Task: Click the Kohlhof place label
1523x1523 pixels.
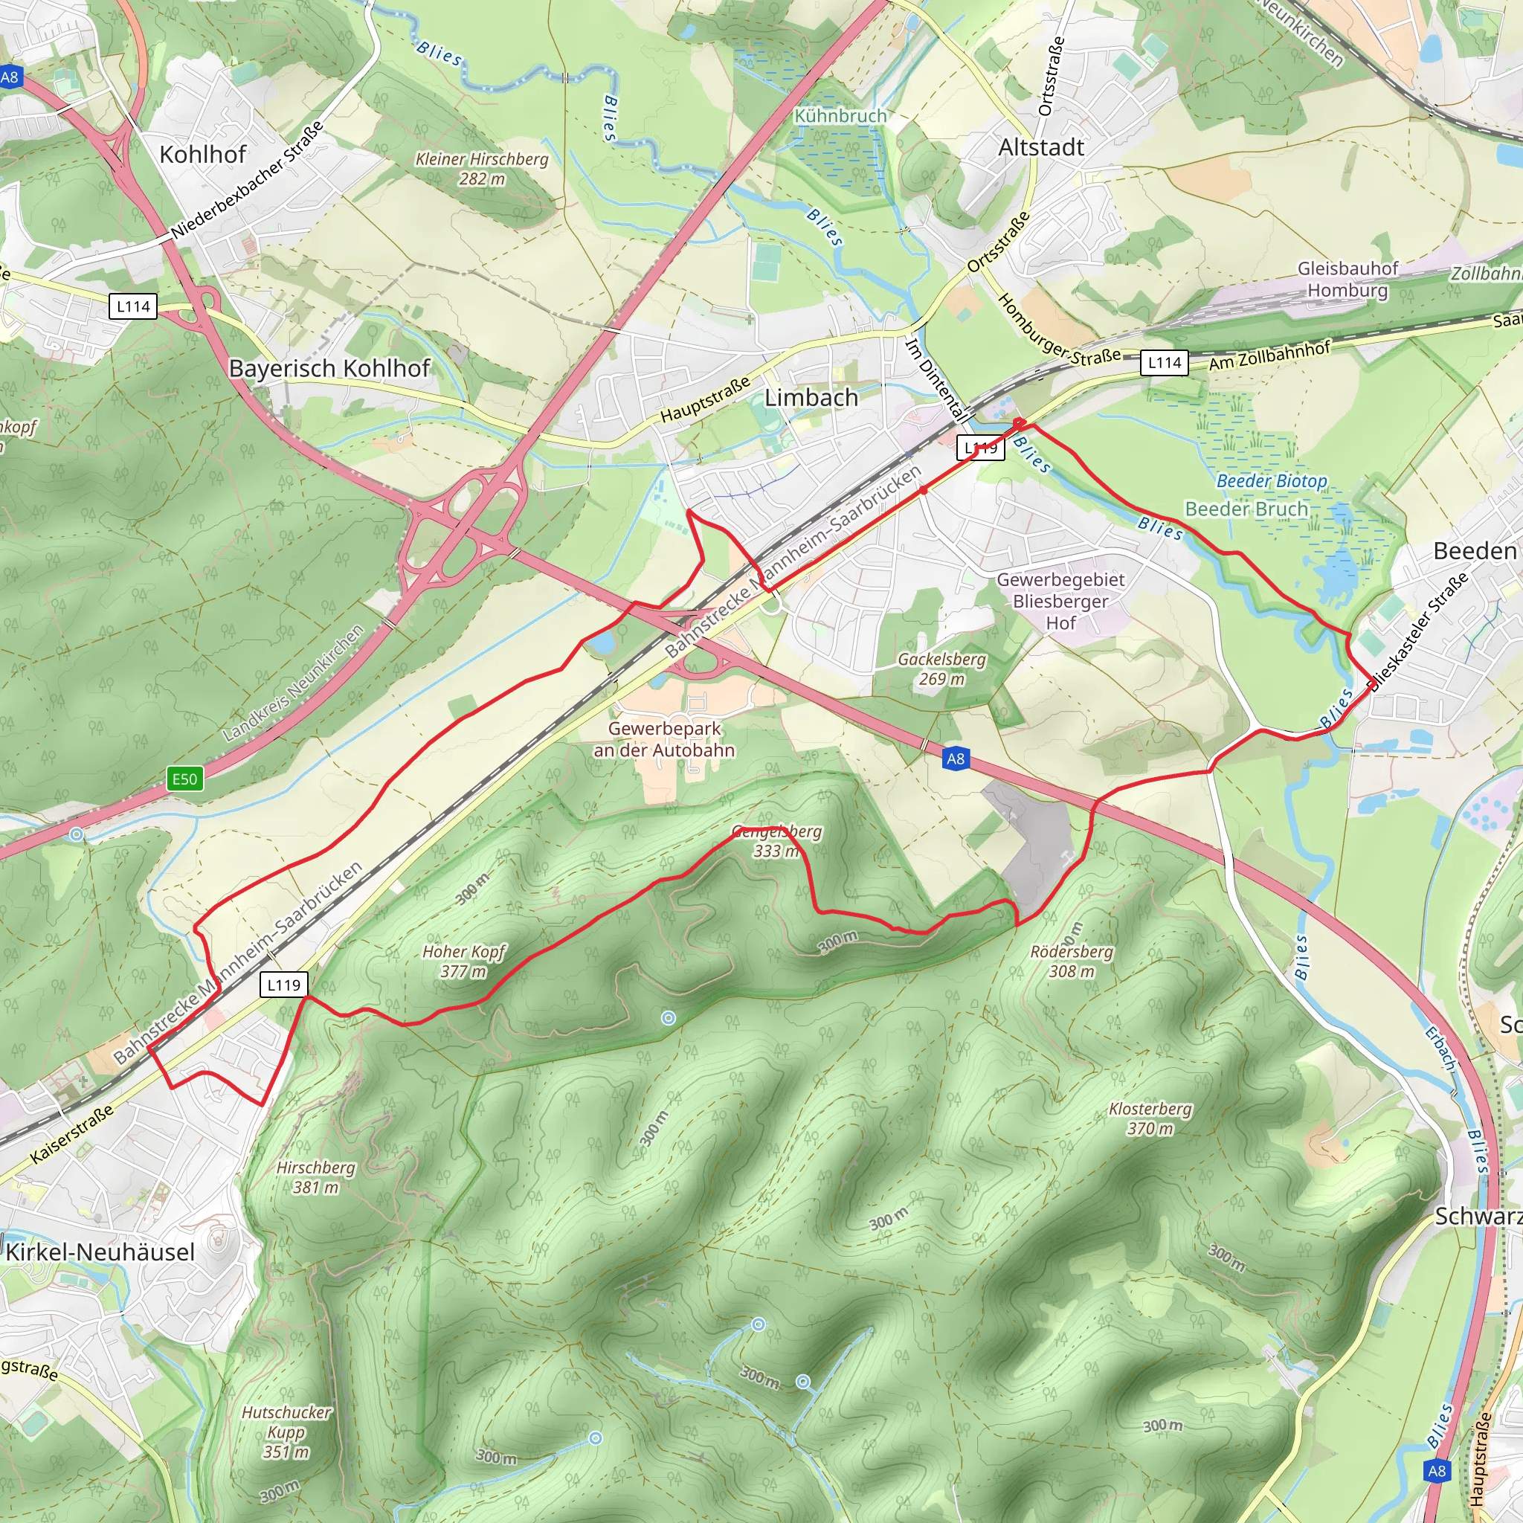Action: click(x=202, y=154)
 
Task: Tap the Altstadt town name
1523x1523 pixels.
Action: click(x=1040, y=147)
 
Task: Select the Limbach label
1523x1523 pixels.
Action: click(x=811, y=397)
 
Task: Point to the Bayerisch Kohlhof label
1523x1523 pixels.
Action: click(x=329, y=368)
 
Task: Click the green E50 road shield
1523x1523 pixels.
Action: click(x=184, y=779)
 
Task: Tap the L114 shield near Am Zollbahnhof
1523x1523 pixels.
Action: click(x=1164, y=363)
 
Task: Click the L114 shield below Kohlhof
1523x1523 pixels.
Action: click(x=132, y=306)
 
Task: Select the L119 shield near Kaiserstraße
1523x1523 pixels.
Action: click(x=284, y=985)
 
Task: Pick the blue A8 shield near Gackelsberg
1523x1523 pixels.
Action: click(x=955, y=759)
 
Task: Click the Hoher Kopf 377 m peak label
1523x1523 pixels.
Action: click(x=463, y=961)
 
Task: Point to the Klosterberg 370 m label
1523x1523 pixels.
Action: click(x=1150, y=1118)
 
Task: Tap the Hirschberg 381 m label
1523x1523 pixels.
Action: click(x=315, y=1177)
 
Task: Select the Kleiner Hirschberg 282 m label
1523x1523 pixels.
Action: click(x=482, y=169)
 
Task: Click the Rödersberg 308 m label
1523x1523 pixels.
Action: click(x=1072, y=961)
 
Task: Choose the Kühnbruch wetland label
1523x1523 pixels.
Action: click(x=840, y=116)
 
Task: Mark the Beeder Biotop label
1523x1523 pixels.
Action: click(x=1272, y=481)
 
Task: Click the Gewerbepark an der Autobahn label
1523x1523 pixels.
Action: click(x=664, y=739)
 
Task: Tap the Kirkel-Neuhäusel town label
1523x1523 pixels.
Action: click(x=100, y=1252)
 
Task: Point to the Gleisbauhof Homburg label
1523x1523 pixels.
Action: click(x=1347, y=279)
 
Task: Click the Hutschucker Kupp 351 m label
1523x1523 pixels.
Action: click(x=286, y=1432)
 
